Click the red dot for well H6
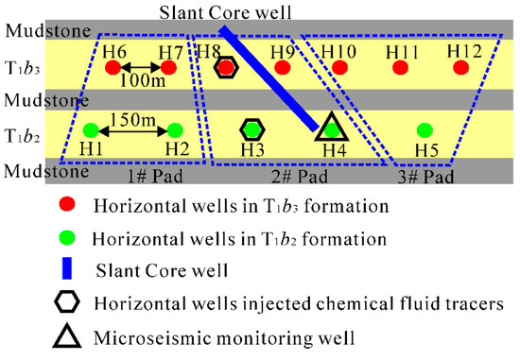coord(113,67)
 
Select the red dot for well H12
coord(460,67)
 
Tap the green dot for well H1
coord(91,129)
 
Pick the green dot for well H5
coord(425,129)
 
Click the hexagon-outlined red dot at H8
coord(226,67)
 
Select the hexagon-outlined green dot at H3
coord(251,129)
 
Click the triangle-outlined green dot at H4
coord(330,129)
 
